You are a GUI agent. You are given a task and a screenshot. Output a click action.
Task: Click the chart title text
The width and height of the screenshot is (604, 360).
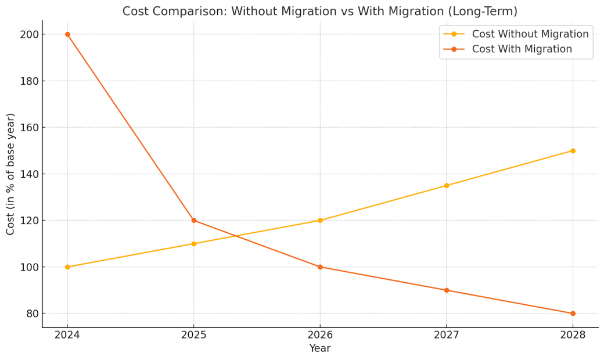319,12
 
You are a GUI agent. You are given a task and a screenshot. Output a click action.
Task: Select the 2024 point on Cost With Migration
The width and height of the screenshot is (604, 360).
67,34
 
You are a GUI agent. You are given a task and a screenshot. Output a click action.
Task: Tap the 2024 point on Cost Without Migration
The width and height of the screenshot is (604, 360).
67,267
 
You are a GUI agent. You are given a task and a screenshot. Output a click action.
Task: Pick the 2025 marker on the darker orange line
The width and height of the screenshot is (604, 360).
194,221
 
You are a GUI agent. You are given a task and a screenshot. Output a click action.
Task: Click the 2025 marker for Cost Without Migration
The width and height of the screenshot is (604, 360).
194,244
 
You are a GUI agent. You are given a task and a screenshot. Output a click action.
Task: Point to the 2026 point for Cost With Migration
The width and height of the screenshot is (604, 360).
320,267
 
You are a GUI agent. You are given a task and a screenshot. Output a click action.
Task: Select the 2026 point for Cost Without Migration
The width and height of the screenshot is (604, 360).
320,221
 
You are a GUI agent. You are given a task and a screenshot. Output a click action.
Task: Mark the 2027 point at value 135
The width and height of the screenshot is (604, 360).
447,186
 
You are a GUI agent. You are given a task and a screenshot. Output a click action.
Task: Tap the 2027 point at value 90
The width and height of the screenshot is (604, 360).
447,290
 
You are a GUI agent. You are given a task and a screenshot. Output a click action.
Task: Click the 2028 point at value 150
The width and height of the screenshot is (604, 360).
573,151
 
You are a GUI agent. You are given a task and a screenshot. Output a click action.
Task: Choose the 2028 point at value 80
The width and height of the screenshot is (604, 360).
573,314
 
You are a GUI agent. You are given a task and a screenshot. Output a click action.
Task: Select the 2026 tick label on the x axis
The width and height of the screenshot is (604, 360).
320,335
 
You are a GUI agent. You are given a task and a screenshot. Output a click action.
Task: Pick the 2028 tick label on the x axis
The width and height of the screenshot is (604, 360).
573,335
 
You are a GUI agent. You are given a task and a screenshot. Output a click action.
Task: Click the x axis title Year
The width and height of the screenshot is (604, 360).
320,349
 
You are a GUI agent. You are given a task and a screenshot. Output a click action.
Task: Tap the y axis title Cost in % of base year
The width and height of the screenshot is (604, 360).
11,174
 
